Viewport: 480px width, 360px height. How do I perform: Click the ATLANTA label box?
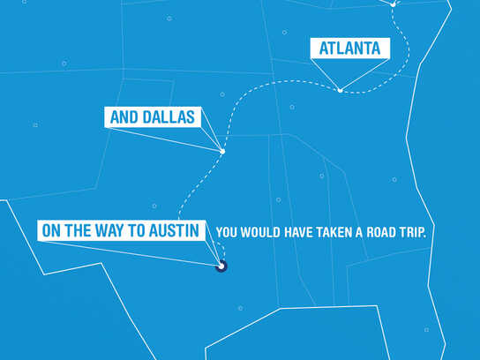pos(349,48)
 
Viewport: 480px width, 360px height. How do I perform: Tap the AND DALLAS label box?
pos(153,116)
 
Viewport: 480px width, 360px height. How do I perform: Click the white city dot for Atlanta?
pos(340,90)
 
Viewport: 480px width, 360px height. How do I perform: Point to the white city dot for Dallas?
pos(222,152)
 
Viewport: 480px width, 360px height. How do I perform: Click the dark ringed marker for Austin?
pos(222,264)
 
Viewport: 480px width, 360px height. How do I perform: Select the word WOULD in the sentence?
pos(259,232)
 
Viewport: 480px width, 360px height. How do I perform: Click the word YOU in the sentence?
pos(226,232)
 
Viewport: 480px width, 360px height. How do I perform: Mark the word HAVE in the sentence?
pos(291,232)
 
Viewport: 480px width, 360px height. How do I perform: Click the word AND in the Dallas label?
pos(124,116)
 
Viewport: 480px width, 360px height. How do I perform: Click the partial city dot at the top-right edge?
pos(394,3)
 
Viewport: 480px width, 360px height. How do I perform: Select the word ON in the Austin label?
pos(51,231)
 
